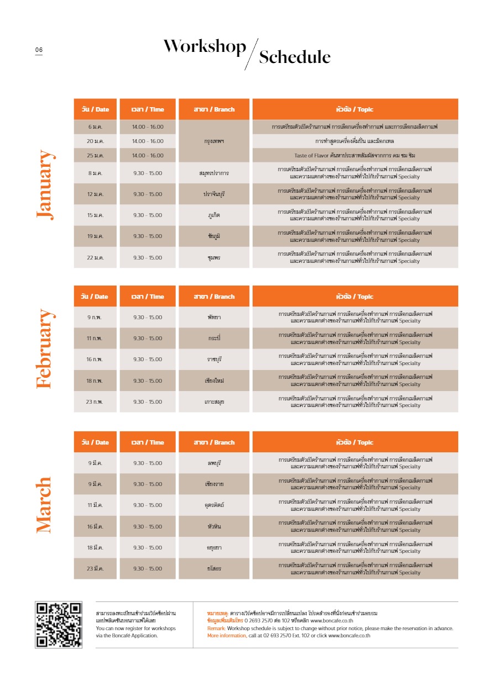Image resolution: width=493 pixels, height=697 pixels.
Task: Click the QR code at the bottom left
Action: (59, 625)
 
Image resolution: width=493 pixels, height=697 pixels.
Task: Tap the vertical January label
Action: (45, 185)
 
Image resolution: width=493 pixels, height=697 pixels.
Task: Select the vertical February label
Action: (45, 348)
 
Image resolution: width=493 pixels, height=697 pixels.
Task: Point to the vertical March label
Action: (44, 505)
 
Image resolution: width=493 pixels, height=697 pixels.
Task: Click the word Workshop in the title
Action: (204, 47)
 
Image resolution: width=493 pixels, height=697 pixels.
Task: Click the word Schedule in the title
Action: (295, 57)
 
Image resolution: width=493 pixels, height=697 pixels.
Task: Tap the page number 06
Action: (39, 50)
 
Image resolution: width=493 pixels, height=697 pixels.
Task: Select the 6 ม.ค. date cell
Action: (95, 127)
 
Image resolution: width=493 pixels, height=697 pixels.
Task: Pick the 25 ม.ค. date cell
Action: (95, 156)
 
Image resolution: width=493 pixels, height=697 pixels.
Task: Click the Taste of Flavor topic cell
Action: (355, 156)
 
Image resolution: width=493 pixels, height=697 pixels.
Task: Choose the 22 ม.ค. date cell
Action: (95, 258)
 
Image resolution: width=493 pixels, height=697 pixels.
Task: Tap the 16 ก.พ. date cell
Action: (95, 360)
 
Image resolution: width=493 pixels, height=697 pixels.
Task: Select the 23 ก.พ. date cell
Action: (95, 402)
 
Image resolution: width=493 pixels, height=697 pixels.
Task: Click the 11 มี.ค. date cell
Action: (95, 505)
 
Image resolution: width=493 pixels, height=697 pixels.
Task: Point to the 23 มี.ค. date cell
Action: (95, 569)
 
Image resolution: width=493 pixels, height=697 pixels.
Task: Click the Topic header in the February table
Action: (355, 297)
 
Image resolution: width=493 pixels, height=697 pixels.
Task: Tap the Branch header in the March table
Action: (214, 442)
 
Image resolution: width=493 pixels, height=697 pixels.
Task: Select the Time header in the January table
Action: (148, 109)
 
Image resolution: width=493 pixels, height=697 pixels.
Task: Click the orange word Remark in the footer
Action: (216, 629)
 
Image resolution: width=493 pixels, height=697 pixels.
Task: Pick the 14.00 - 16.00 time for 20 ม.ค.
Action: (148, 141)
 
